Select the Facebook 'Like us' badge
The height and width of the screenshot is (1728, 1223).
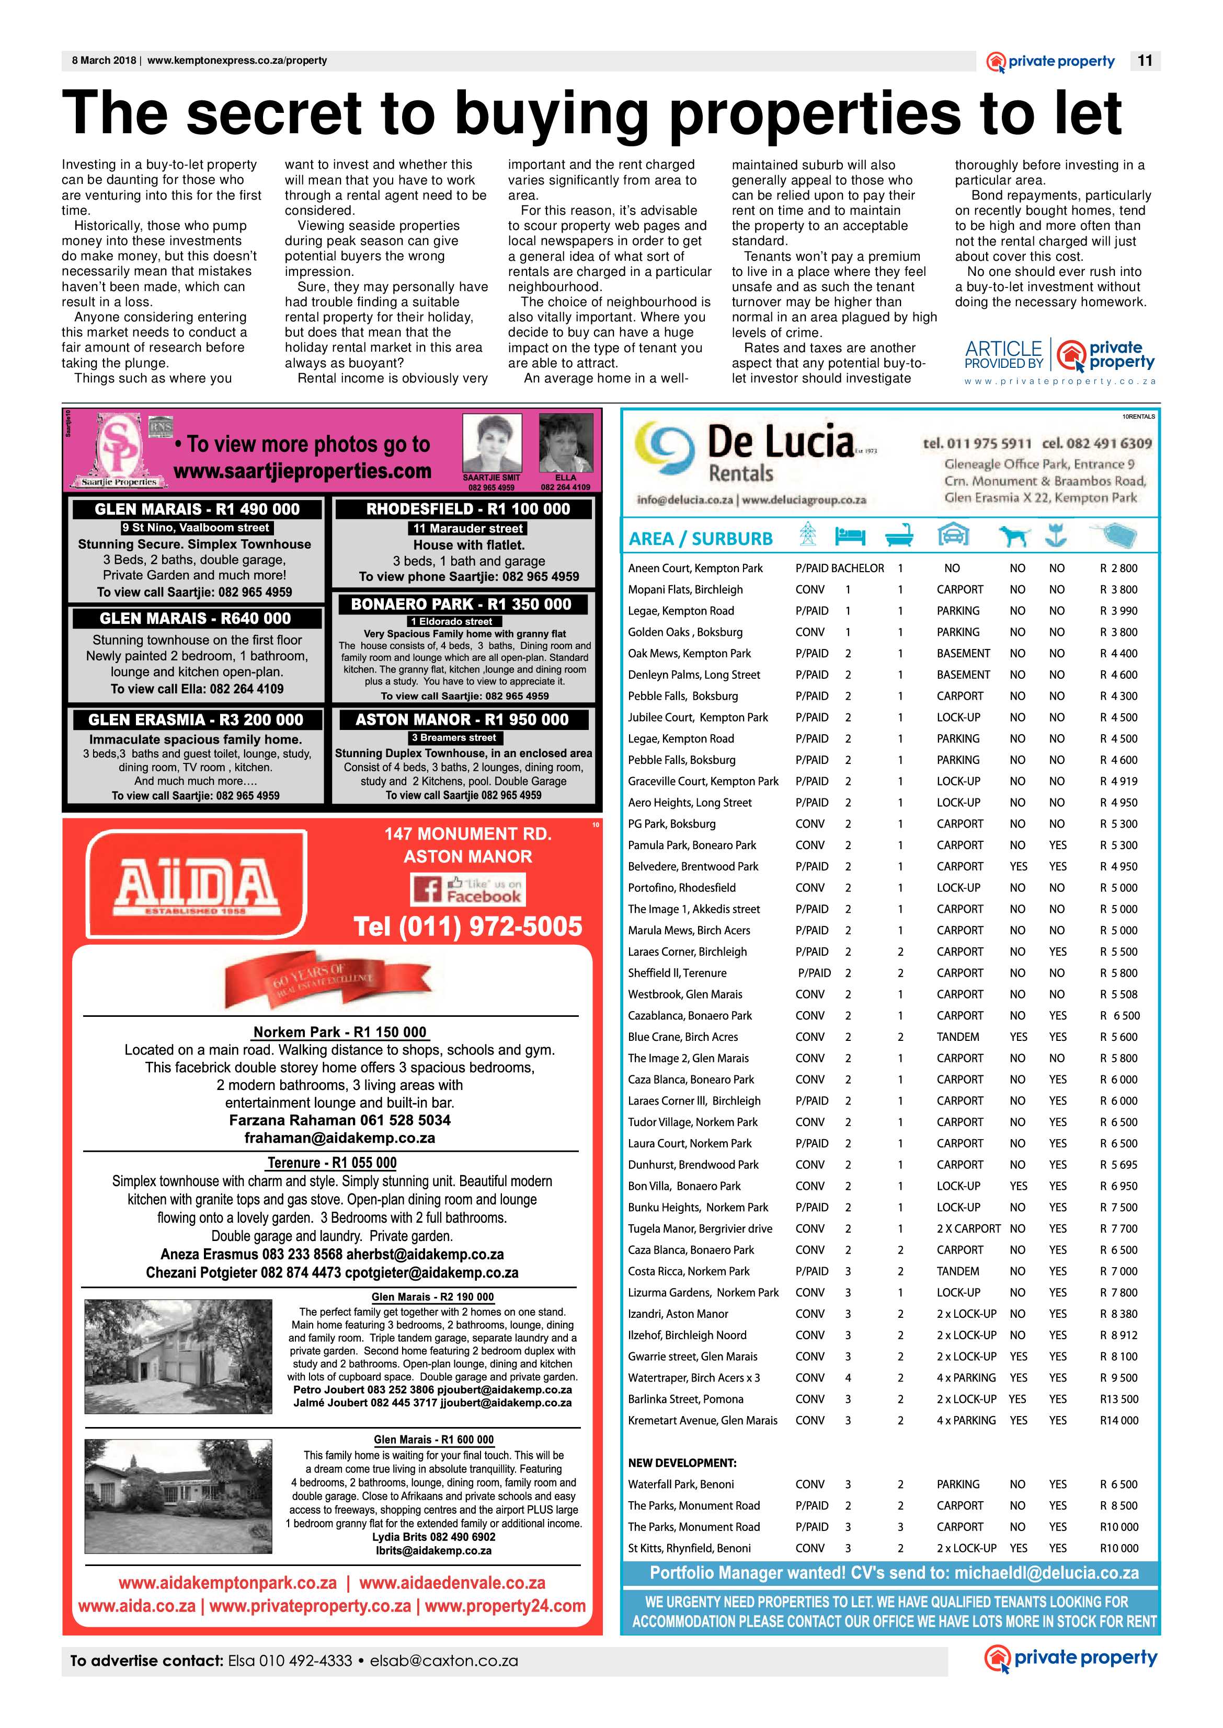click(x=467, y=889)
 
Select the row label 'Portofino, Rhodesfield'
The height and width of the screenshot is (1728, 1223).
click(x=681, y=887)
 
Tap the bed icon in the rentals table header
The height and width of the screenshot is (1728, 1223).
click(x=850, y=537)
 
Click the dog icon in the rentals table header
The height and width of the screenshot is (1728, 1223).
click(x=1014, y=536)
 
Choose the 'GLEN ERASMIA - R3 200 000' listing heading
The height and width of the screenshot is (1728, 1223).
click(x=196, y=720)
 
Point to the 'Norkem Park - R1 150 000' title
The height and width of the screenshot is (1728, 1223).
click(x=340, y=1032)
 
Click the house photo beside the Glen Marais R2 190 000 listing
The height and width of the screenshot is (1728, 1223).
click(x=178, y=1355)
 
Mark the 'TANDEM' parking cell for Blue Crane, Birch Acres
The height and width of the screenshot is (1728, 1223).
click(x=958, y=1036)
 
